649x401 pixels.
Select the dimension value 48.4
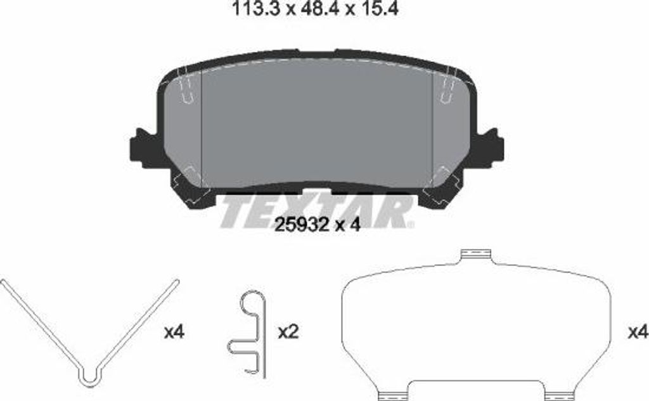pos(307,10)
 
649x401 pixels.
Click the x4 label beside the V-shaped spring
pos(174,331)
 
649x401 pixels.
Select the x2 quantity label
pos(288,331)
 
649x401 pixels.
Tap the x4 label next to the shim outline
pos(636,331)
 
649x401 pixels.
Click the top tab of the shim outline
pos(475,255)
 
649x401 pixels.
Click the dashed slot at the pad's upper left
pos(188,89)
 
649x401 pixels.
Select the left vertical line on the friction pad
pos(201,127)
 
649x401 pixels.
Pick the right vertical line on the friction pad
pos(432,127)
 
